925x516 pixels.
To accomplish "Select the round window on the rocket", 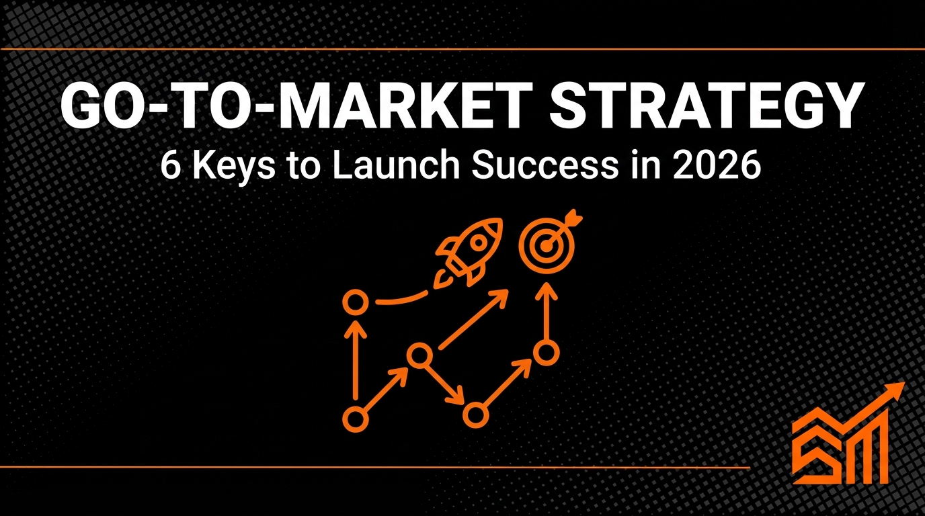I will click(478, 241).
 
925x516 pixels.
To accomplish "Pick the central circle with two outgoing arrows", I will click(419, 354).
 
